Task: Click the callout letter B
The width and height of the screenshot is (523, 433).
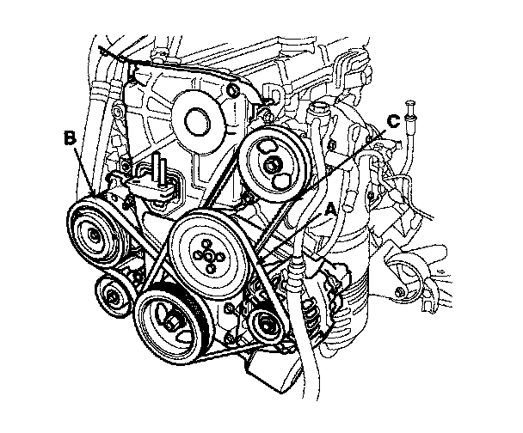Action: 69,136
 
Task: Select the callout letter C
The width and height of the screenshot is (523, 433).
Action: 393,121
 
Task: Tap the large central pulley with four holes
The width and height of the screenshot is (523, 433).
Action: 206,252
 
